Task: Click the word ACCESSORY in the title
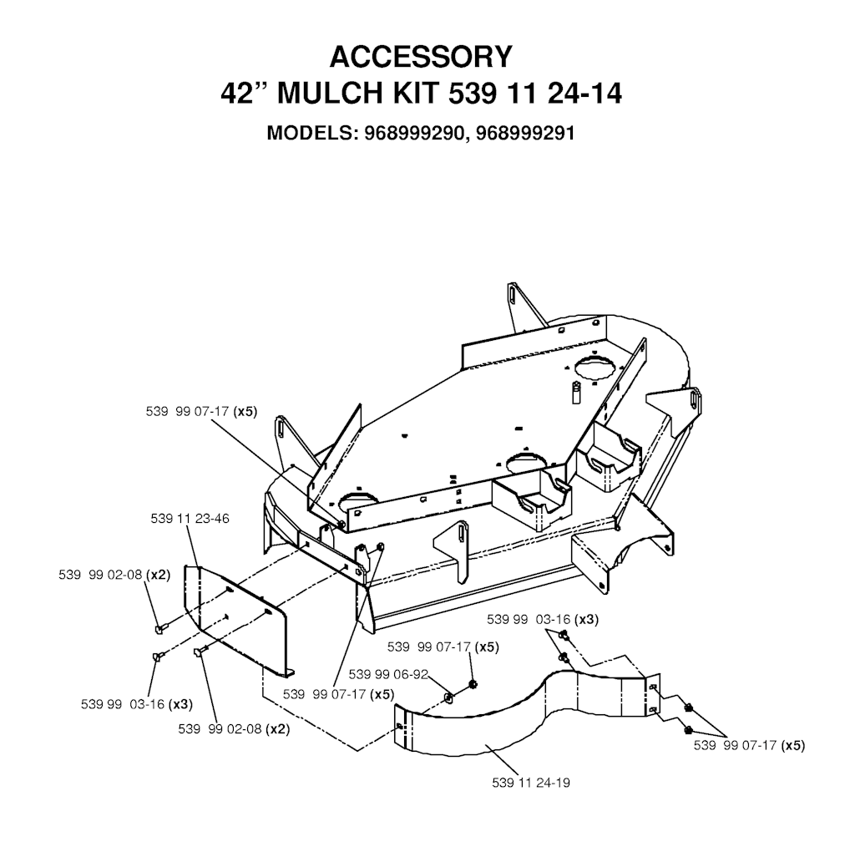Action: click(x=421, y=57)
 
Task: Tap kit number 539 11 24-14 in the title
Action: click(x=535, y=94)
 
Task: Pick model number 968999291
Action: click(x=525, y=133)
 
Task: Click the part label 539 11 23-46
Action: click(x=190, y=519)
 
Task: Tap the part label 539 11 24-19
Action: click(x=530, y=783)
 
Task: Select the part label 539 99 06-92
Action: click(x=388, y=674)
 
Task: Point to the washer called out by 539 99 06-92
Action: click(x=448, y=697)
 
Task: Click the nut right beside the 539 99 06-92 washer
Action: click(x=473, y=684)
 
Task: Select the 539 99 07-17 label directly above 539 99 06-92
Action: click(x=443, y=647)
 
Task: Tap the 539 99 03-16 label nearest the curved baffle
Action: click(x=543, y=620)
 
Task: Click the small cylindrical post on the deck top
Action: click(x=576, y=393)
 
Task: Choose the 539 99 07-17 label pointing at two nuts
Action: click(x=749, y=745)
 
